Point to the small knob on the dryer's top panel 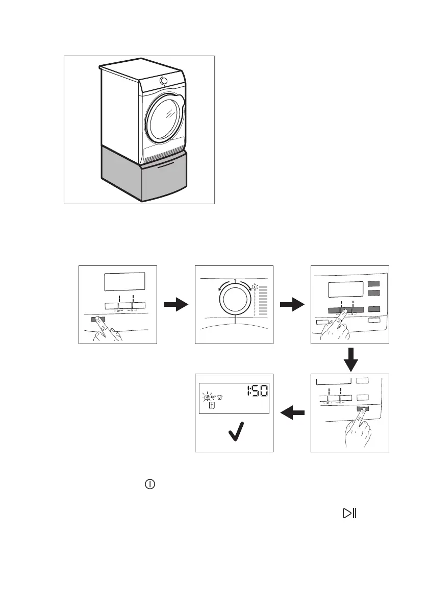tap(163, 80)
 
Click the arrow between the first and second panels tap(176, 305)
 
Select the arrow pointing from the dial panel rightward tap(292, 305)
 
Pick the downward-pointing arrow tap(350, 359)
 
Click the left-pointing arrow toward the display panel tap(292, 412)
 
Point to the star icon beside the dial tap(255, 287)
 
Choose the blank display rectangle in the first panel tap(125, 281)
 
